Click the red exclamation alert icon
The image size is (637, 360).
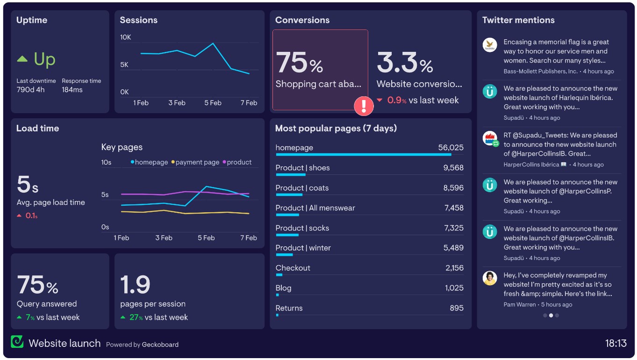[x=364, y=106]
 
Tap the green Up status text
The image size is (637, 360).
[x=44, y=59]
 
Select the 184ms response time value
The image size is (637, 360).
[x=72, y=90]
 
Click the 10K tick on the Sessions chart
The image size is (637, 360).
[x=125, y=37]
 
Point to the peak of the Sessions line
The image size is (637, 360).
[x=213, y=43]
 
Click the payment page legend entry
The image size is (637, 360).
[x=195, y=162]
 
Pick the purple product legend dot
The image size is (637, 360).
[x=224, y=162]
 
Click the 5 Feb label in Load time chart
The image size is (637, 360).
[x=206, y=238]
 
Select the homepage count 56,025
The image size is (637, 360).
[x=451, y=148]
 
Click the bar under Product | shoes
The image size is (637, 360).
[x=290, y=175]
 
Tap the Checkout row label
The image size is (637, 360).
[x=293, y=268]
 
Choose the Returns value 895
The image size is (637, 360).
[x=457, y=308]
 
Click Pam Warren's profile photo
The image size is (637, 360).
[x=489, y=278]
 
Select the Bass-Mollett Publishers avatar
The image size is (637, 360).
[x=489, y=45]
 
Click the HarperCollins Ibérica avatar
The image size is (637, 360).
[x=489, y=138]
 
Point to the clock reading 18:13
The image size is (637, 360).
[x=616, y=344]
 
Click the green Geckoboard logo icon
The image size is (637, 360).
[x=17, y=342]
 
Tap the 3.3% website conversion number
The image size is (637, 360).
[x=405, y=63]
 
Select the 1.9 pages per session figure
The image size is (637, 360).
[x=135, y=285]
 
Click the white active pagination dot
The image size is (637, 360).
[x=551, y=316]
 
